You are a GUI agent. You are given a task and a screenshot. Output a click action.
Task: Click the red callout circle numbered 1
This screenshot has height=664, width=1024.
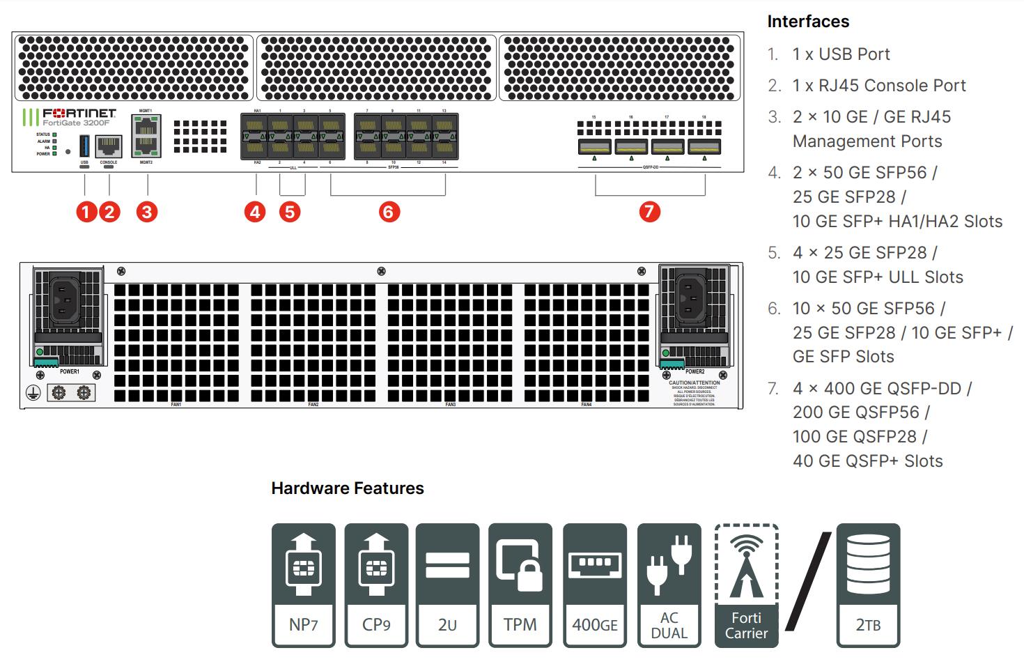pyautogui.click(x=86, y=212)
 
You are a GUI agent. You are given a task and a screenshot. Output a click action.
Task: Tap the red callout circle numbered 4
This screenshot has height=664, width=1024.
pyautogui.click(x=255, y=212)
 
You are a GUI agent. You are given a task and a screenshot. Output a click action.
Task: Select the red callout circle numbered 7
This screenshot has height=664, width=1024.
pyautogui.click(x=649, y=212)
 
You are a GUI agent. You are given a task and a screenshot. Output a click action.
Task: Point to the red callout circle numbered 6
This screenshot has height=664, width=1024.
pyautogui.click(x=389, y=212)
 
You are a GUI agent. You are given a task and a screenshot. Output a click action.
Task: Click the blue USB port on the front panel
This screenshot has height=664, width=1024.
pyautogui.click(x=84, y=146)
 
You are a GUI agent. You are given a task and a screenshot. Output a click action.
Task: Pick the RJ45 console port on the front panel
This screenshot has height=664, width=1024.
pyautogui.click(x=109, y=146)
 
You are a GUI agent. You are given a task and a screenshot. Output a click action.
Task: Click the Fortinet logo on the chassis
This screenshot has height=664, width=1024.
pyautogui.click(x=79, y=113)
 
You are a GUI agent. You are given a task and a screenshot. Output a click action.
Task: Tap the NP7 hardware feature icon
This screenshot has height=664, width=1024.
pyautogui.click(x=304, y=585)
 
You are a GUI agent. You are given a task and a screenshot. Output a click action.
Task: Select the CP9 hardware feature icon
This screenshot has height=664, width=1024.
pyautogui.click(x=376, y=585)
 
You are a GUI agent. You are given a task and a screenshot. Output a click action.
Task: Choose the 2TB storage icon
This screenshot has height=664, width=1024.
pyautogui.click(x=868, y=585)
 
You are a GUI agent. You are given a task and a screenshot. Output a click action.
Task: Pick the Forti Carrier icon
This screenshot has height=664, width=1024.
pyautogui.click(x=746, y=585)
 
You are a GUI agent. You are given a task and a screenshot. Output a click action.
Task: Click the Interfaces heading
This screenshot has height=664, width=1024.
pyautogui.click(x=808, y=22)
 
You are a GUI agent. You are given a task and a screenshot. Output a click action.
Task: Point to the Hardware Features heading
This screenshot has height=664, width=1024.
pyautogui.click(x=348, y=488)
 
